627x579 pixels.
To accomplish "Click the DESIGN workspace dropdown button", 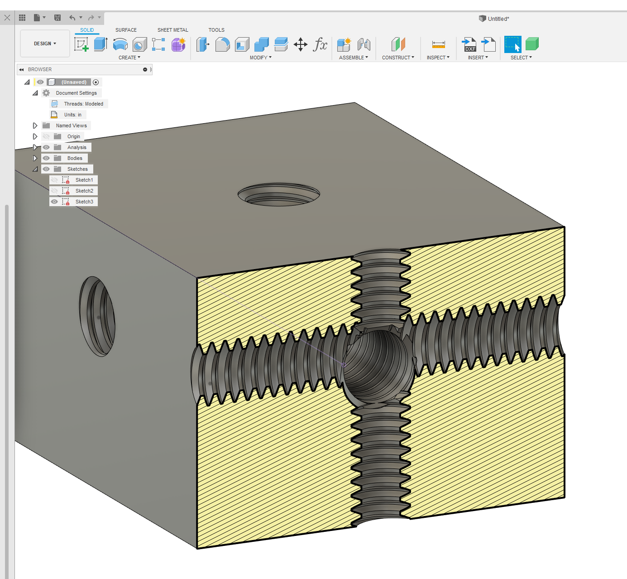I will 45,43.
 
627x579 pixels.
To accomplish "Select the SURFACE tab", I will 126,30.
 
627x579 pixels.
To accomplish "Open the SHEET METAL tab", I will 172,30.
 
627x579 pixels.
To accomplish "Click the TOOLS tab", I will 216,30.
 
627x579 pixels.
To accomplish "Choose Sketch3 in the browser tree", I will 84,202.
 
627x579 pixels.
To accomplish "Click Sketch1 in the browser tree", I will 84,180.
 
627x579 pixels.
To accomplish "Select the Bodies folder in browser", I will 75,158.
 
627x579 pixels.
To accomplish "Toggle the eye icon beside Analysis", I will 46,147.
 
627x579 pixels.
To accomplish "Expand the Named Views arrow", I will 35,125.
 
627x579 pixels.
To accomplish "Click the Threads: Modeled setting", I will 83,104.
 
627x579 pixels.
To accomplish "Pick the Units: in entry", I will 72,115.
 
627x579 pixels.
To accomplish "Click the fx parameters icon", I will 320,44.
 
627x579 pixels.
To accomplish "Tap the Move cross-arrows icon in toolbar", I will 301,44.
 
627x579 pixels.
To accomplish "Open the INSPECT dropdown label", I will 438,58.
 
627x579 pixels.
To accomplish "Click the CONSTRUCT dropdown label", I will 398,58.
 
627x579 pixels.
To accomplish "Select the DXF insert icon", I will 469,44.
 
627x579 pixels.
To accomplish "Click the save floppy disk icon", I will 57,18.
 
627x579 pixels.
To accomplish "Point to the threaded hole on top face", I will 279,195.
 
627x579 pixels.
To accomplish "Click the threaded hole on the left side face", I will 97,316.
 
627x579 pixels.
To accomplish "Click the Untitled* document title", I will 498,19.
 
